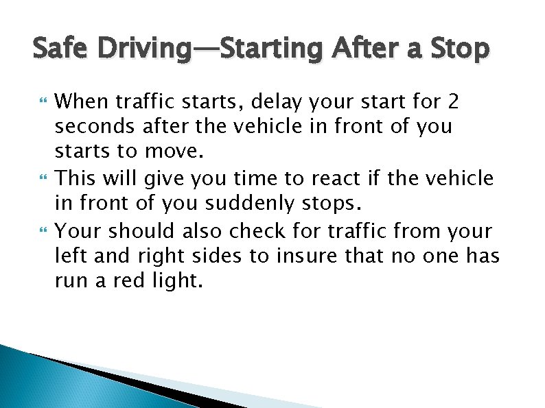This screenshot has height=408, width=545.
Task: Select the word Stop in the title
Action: [x=461, y=49]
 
